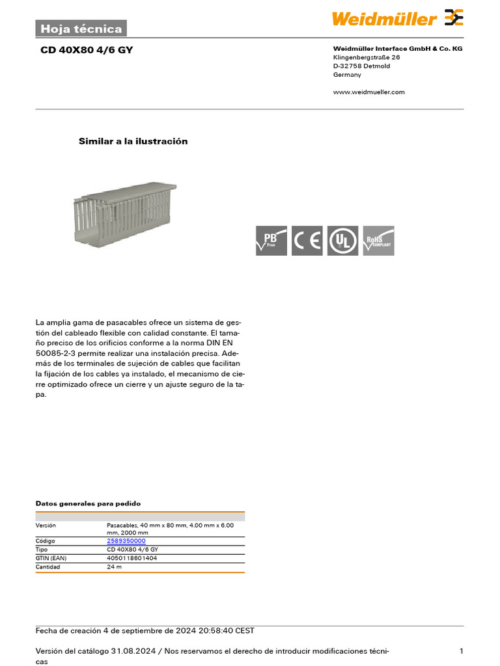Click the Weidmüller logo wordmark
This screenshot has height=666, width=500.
click(384, 19)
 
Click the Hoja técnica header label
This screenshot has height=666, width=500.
click(81, 29)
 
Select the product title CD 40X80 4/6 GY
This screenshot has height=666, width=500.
click(87, 49)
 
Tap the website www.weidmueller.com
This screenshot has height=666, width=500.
click(368, 92)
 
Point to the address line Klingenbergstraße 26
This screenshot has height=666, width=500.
click(366, 57)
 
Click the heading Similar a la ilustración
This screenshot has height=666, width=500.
click(133, 141)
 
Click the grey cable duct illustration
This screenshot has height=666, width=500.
click(122, 211)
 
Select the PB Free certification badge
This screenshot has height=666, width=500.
click(271, 241)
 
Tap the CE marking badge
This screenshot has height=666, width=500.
click(307, 241)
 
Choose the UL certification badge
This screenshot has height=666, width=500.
click(342, 241)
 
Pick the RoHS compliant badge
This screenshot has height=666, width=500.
click(378, 241)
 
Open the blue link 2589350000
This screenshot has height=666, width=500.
click(126, 541)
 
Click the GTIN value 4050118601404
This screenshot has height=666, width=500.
click(132, 558)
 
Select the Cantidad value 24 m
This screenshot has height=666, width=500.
click(114, 566)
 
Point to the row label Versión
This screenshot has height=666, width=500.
click(46, 525)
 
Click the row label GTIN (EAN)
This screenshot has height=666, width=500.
click(51, 558)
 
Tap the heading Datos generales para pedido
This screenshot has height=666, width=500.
click(87, 503)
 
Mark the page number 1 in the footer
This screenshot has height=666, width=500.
click(461, 651)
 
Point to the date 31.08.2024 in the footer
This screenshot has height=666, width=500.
click(133, 651)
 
